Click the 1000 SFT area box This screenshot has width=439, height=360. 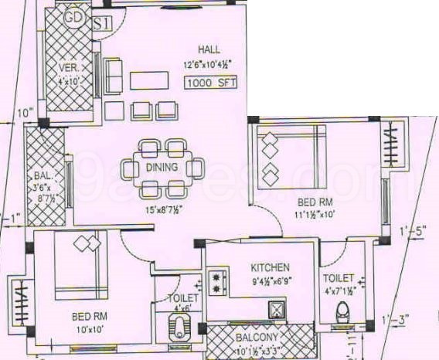tap(211, 82)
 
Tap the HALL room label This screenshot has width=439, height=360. tap(209, 49)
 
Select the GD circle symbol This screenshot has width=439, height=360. tap(74, 15)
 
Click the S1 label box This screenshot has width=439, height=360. tap(102, 22)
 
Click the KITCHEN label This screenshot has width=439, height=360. tap(271, 267)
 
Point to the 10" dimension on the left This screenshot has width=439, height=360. tap(26, 114)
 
